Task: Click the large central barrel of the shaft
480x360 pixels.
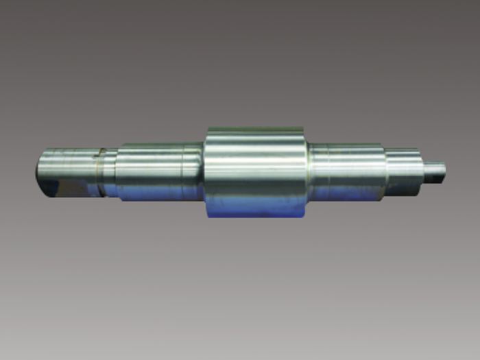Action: [255, 171]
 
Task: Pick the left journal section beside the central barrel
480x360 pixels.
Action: [159, 171]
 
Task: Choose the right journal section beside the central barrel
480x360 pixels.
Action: [346, 171]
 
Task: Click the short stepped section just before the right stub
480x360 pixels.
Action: [405, 170]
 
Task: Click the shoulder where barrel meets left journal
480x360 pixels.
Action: [204, 171]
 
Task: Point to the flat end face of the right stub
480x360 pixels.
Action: [444, 169]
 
